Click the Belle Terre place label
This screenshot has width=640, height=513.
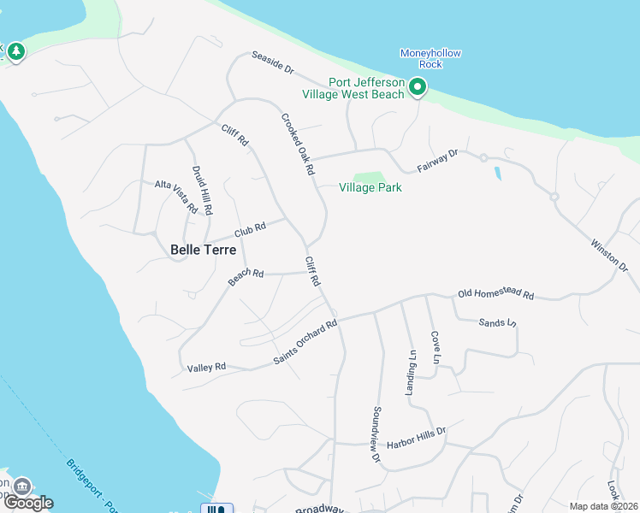tap(203, 250)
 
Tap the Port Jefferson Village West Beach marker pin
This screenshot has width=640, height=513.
tap(417, 87)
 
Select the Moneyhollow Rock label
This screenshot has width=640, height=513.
tap(430, 58)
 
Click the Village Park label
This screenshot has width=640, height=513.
tap(370, 187)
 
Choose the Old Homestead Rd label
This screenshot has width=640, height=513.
tap(495, 295)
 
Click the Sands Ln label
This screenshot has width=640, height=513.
tap(498, 322)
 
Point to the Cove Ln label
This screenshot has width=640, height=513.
tap(435, 348)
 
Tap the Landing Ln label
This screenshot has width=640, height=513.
tap(411, 370)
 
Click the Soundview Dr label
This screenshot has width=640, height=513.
tap(375, 434)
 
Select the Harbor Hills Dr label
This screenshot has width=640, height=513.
tap(417, 433)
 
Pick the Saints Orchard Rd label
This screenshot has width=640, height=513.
tap(305, 341)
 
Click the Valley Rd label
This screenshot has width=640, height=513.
tap(206, 367)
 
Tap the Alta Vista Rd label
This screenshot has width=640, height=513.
tap(176, 196)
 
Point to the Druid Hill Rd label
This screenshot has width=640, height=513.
tap(201, 190)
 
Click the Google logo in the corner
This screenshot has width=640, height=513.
tap(28, 503)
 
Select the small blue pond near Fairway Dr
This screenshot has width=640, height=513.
tap(498, 174)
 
